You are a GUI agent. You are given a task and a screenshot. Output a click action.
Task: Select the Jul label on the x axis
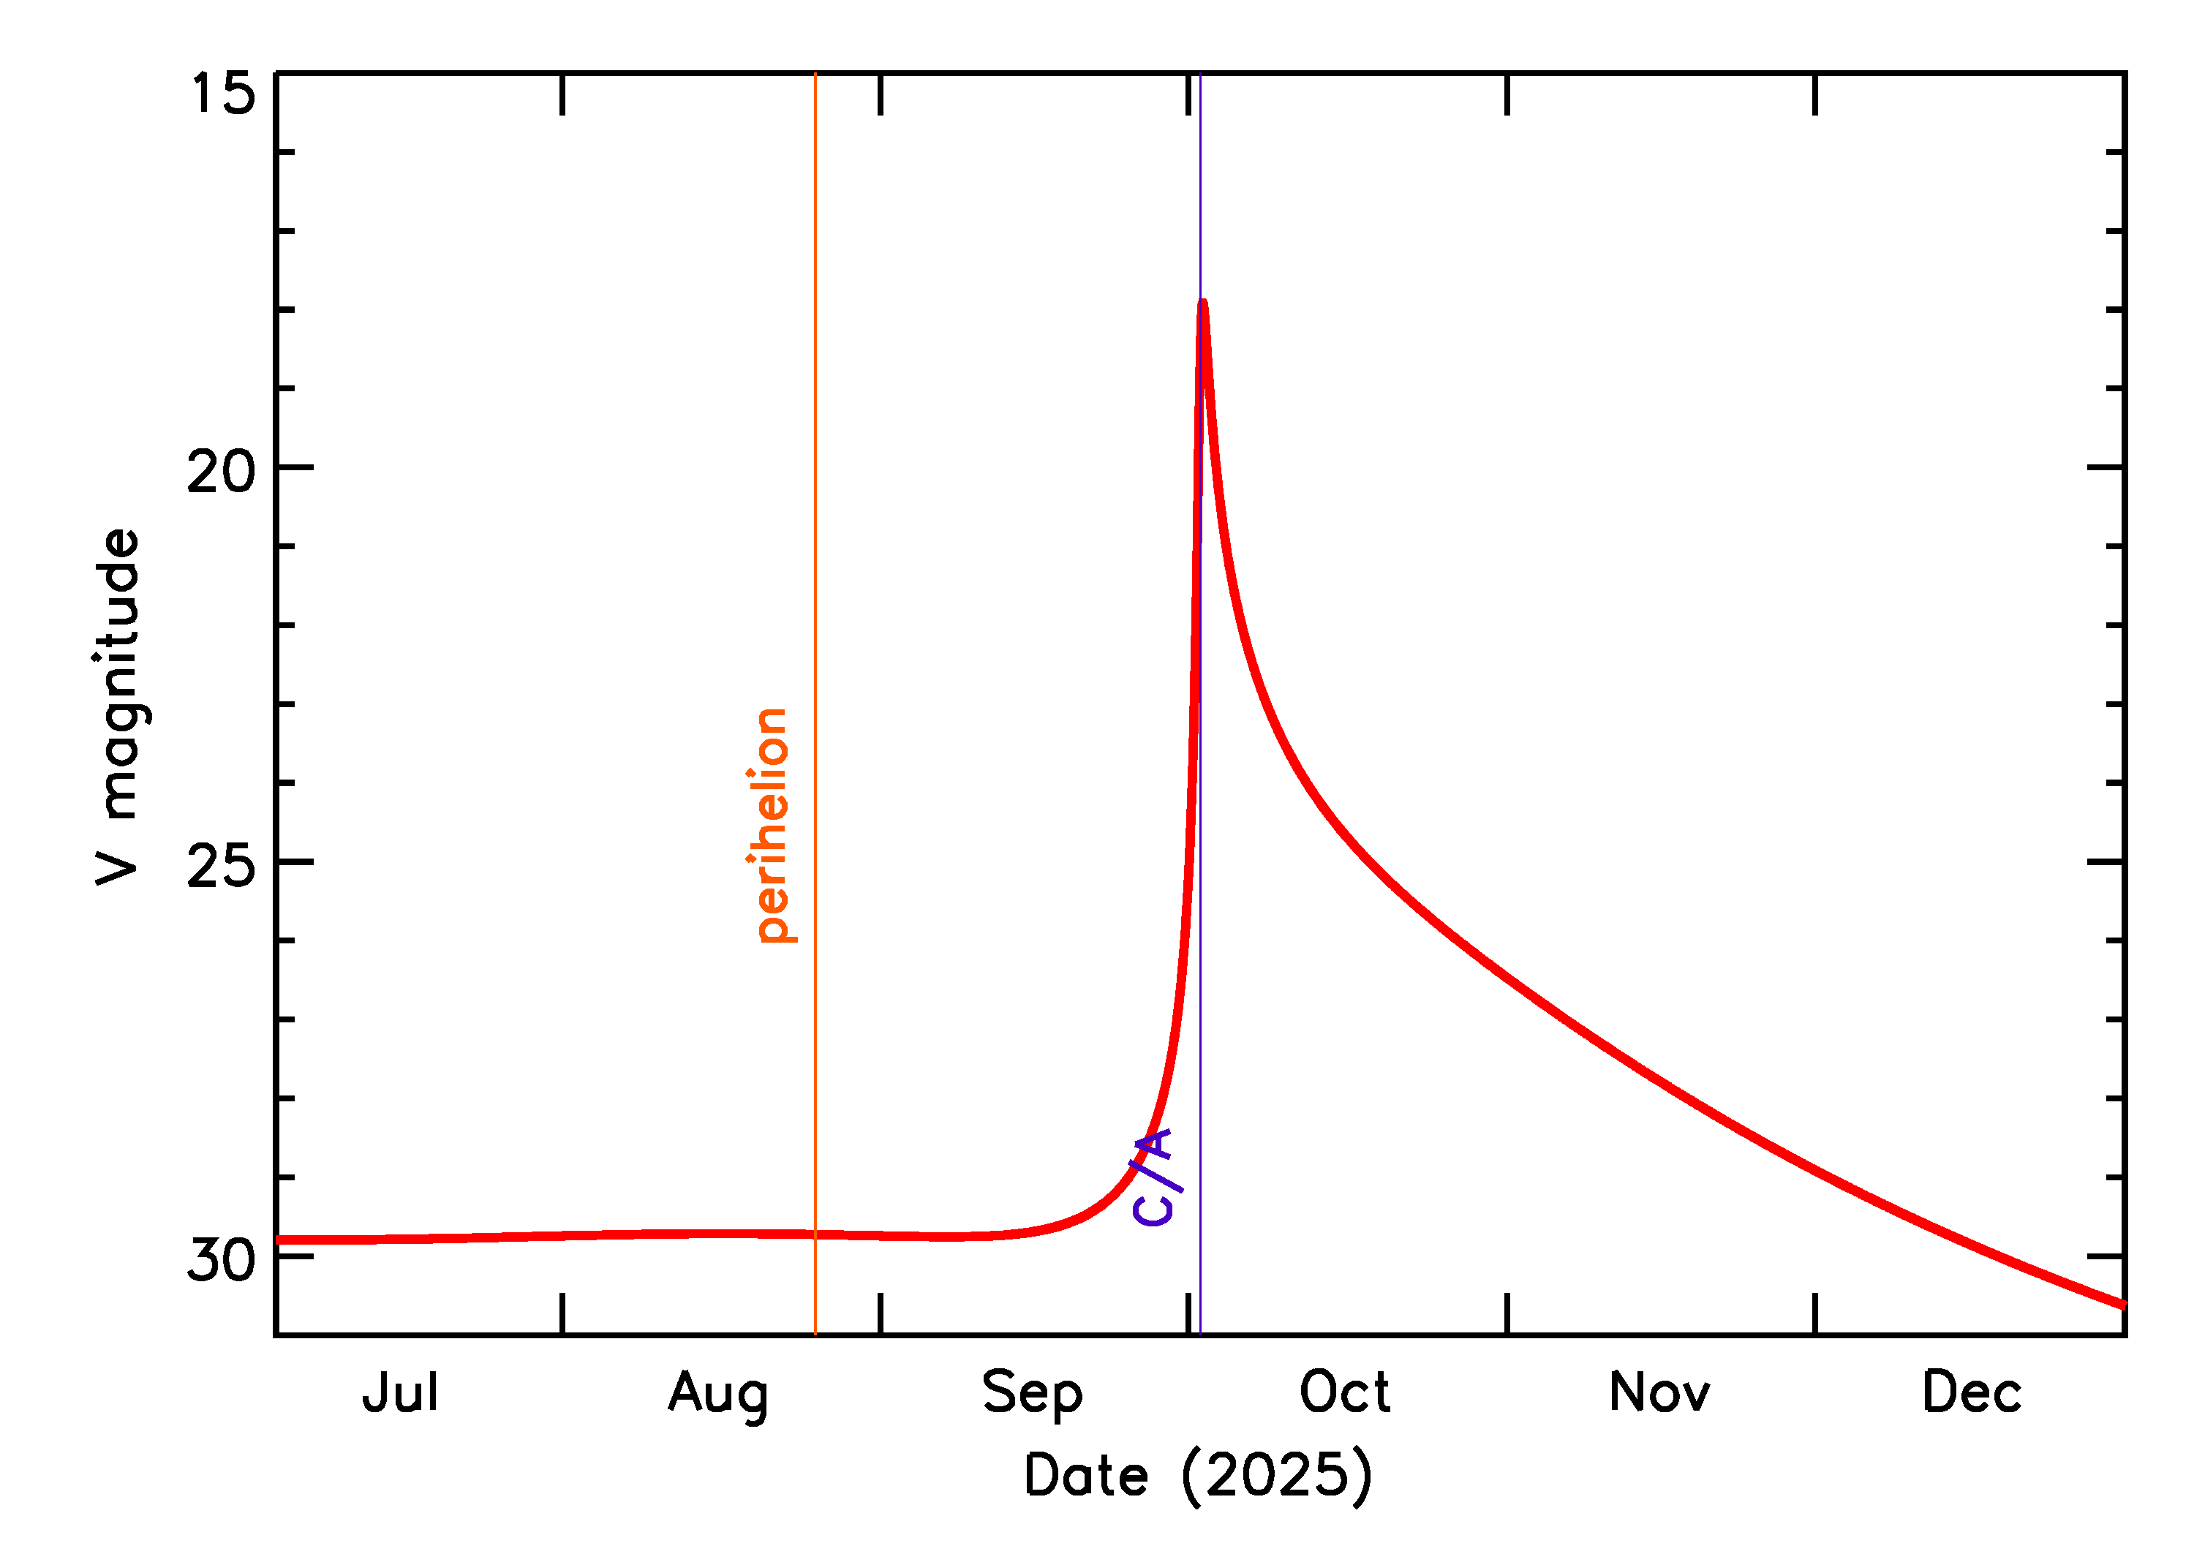(400, 1393)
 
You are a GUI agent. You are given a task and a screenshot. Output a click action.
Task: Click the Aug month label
(717, 1395)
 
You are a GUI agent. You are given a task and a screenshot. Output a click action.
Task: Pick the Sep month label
(1031, 1395)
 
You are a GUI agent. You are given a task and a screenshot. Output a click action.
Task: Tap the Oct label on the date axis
(1343, 1393)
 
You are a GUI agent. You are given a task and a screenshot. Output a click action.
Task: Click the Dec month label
(1971, 1393)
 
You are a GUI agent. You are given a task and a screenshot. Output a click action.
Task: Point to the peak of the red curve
(1203, 304)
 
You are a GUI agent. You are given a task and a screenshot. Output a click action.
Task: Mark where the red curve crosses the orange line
(815, 1234)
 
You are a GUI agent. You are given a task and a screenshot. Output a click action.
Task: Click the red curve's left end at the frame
(277, 1240)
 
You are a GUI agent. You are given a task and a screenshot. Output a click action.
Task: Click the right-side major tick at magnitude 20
(2105, 467)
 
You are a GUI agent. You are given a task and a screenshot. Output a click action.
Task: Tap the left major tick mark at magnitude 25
(295, 862)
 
